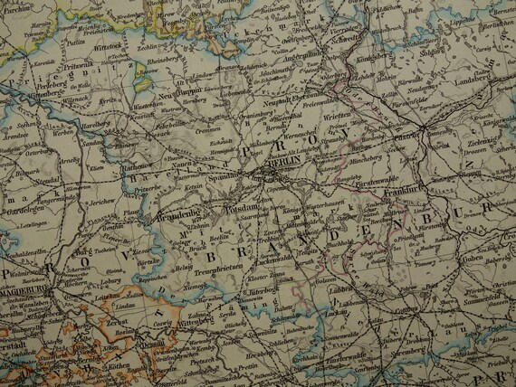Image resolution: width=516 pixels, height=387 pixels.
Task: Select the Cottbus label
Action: pyautogui.click(x=423, y=307)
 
